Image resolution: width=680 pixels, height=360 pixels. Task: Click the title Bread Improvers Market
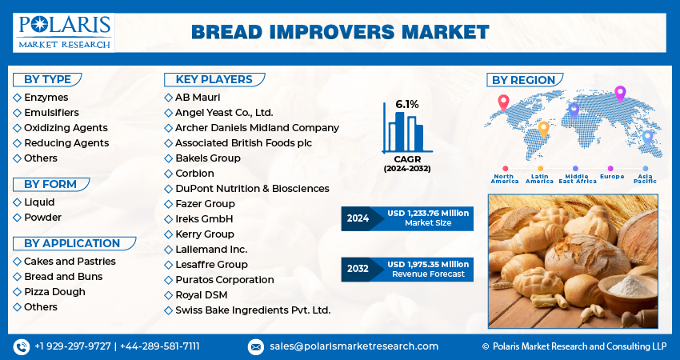pyautogui.click(x=340, y=32)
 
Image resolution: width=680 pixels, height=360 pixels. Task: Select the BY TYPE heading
pyautogui.click(x=47, y=79)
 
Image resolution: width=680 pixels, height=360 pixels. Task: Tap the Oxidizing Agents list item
pyautogui.click(x=66, y=128)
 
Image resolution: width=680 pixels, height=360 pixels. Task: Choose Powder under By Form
pyautogui.click(x=42, y=218)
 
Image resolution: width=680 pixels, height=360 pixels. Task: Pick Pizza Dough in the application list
pyautogui.click(x=54, y=292)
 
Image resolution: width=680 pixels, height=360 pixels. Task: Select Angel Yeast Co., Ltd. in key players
pyautogui.click(x=224, y=113)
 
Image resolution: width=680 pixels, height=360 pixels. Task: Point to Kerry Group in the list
pyautogui.click(x=205, y=234)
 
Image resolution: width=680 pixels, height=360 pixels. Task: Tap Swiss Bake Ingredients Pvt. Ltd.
pyautogui.click(x=253, y=310)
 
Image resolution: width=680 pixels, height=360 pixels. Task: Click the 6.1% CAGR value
pyautogui.click(x=406, y=104)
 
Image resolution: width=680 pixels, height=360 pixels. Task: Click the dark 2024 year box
pyautogui.click(x=358, y=218)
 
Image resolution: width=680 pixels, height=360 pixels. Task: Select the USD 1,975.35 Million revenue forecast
pyautogui.click(x=428, y=264)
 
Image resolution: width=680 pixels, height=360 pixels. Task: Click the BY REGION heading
pyautogui.click(x=523, y=80)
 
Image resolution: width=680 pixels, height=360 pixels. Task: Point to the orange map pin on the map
pyautogui.click(x=543, y=127)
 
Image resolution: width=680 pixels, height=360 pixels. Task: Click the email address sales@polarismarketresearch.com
pyautogui.click(x=354, y=346)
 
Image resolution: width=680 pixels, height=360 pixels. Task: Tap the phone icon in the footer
pyautogui.click(x=21, y=346)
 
